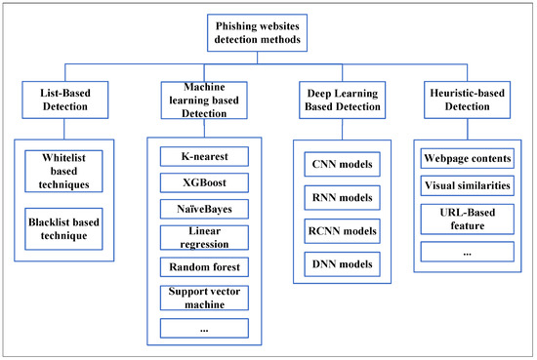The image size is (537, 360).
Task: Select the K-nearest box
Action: point(203,156)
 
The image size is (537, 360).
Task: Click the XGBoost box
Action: point(203,181)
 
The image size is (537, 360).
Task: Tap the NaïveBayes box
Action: point(203,208)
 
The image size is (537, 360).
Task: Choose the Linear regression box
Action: point(203,237)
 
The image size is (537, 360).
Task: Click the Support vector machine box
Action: point(203,298)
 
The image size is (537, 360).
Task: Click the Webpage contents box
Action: point(465,158)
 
